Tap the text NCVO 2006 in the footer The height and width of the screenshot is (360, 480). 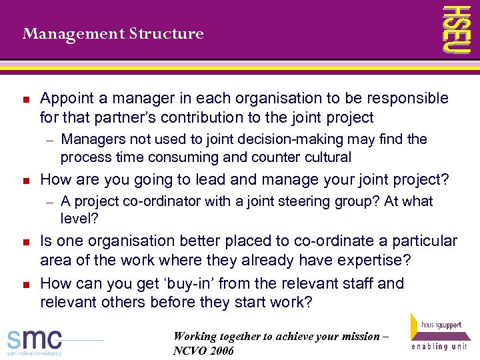(203, 351)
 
